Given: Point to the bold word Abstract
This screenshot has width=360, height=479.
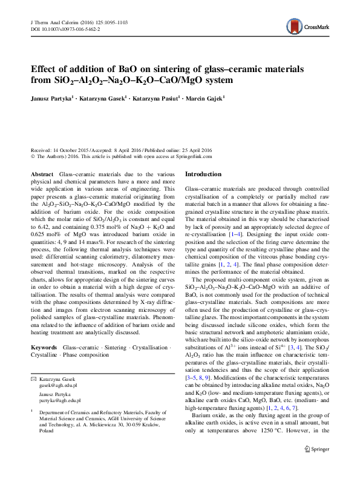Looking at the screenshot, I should [x=42, y=174].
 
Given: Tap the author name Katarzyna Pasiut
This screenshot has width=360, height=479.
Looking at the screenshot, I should [x=156, y=97].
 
